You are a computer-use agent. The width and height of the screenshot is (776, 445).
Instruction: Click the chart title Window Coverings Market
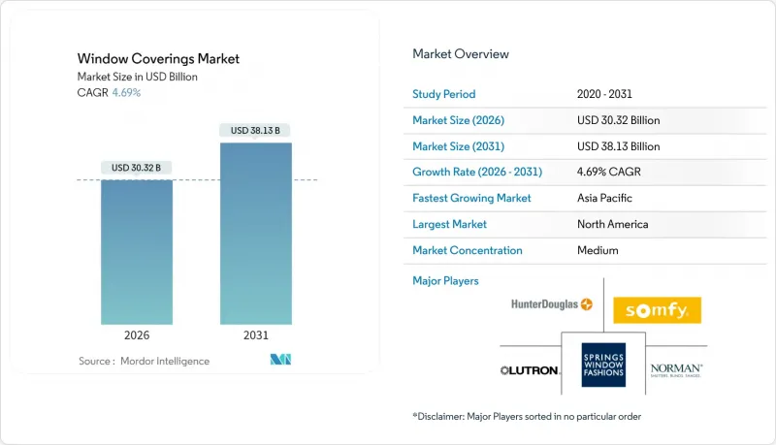point(159,59)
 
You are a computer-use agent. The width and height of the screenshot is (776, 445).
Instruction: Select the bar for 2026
point(137,252)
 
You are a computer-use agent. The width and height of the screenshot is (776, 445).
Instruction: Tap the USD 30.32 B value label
point(137,168)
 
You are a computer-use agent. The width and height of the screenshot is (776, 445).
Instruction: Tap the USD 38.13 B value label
point(255,130)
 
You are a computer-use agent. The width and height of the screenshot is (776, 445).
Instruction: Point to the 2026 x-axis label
point(137,336)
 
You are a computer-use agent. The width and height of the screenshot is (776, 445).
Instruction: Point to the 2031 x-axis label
point(255,336)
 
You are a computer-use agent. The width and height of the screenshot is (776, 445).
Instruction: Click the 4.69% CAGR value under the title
point(126,93)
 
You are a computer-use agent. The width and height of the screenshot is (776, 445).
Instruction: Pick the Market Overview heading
point(461,53)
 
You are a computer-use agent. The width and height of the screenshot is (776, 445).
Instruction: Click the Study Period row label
point(444,94)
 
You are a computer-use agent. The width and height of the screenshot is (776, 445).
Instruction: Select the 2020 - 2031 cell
point(606,94)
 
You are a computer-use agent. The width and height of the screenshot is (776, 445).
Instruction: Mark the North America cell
point(612,224)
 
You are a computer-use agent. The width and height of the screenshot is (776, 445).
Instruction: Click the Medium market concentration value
point(598,250)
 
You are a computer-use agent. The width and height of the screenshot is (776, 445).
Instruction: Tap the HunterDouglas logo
point(551,304)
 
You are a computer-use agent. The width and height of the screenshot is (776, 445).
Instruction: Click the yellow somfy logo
point(657,310)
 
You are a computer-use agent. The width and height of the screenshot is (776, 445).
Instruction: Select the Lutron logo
point(529,370)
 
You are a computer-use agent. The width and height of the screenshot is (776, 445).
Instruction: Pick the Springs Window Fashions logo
point(603,365)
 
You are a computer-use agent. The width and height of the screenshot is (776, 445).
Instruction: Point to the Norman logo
point(676,369)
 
